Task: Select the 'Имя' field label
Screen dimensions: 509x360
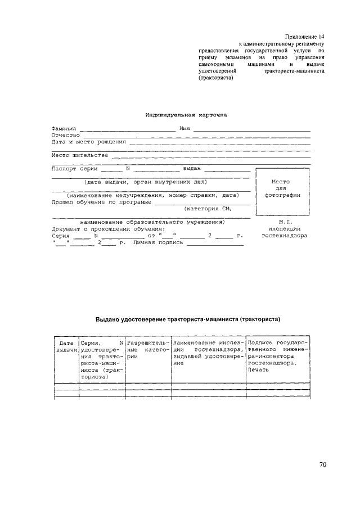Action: [184, 129]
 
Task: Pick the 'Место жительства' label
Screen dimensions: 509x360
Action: [79, 155]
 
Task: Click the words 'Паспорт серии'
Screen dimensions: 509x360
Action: [74, 168]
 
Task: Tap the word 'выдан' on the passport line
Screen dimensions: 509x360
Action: [192, 168]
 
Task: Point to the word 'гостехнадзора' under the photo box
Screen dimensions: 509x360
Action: [284, 236]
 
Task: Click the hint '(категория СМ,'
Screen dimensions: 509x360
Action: [208, 208]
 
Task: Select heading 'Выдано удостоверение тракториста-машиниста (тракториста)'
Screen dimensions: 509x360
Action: [188, 319]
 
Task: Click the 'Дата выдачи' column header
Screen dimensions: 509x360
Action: [66, 346]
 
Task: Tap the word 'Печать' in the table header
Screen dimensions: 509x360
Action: [258, 370]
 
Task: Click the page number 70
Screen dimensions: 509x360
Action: [322, 465]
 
